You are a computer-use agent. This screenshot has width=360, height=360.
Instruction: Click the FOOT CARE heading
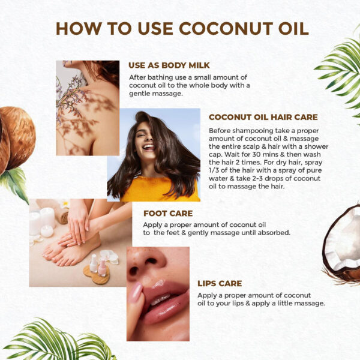167,212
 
